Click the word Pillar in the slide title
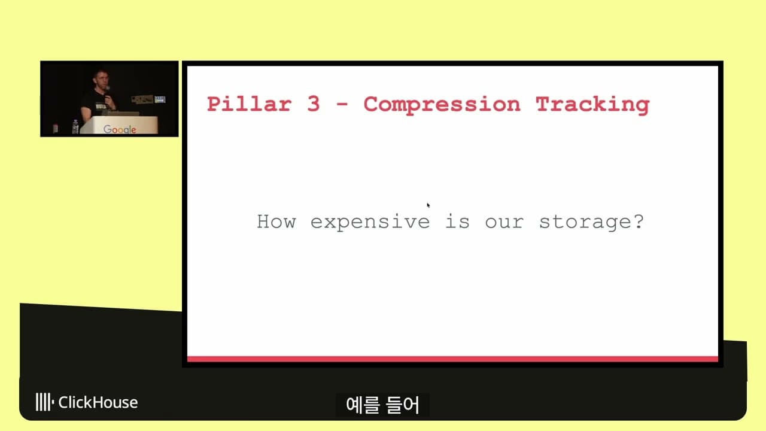[249, 104]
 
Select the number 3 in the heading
[314, 104]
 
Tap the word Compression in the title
[442, 104]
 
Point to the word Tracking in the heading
[592, 104]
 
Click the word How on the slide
[276, 221]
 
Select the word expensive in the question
[370, 222]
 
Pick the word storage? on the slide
[591, 222]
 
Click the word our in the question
[504, 222]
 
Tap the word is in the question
[457, 222]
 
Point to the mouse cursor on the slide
[428, 205]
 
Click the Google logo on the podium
[120, 129]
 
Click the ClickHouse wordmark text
[98, 402]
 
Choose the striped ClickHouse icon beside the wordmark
[44, 402]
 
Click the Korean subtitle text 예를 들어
[383, 405]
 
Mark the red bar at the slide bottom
[452, 359]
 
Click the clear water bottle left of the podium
[75, 127]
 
